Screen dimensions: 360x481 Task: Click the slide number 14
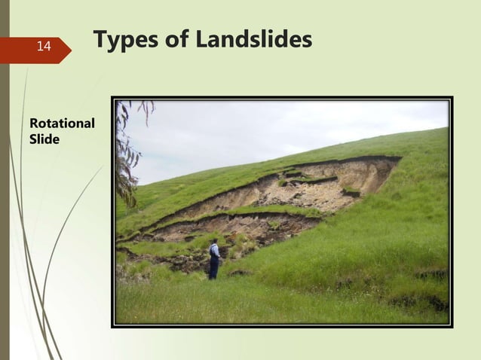[44, 47]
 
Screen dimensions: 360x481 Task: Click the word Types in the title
[122, 41]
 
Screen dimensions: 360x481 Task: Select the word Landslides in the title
[253, 40]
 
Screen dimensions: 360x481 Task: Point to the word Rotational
[61, 123]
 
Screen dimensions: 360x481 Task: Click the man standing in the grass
[215, 259]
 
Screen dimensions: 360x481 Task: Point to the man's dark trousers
[214, 270]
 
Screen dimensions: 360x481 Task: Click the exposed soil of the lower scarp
[226, 226]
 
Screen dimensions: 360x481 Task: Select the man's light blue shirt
[216, 252]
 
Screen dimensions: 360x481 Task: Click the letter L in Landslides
[203, 40]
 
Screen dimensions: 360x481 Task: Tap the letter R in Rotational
[32, 123]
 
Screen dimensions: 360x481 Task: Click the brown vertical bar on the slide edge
[5, 181]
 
